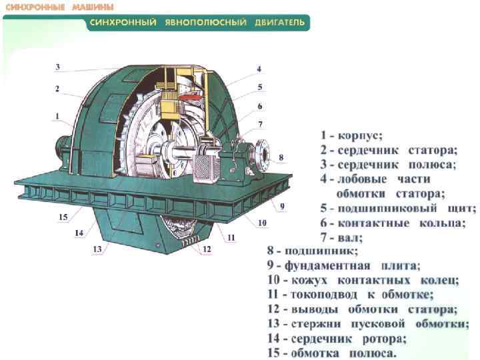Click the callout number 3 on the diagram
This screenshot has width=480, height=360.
coord(58,67)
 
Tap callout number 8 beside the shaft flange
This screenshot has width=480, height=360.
coord(281,158)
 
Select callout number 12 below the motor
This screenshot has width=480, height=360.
coord(207,249)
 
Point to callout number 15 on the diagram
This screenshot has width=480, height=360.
coord(63,217)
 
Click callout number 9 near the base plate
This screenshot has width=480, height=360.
coord(282,206)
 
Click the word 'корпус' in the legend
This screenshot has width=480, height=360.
coord(361,135)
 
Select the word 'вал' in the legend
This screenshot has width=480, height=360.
coord(349,237)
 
